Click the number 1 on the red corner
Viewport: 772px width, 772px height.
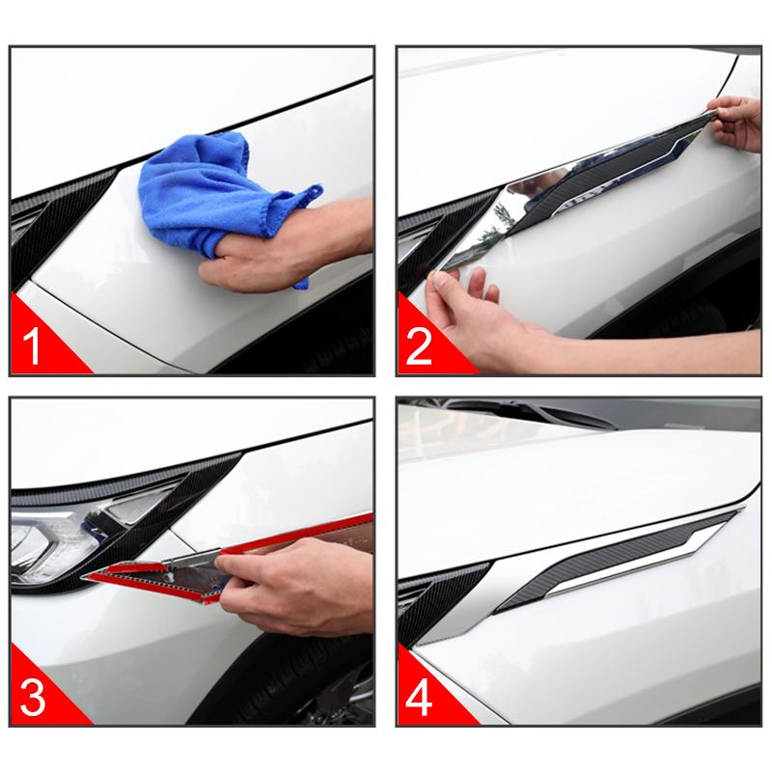tap(31, 346)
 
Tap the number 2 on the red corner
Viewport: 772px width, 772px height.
tap(419, 346)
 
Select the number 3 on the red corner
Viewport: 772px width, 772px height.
tap(33, 698)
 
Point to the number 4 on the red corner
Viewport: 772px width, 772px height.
tap(419, 698)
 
